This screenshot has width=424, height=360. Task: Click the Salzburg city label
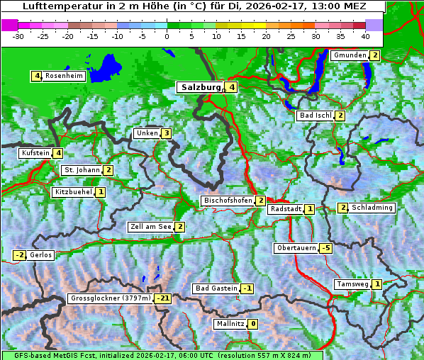coord(201,87)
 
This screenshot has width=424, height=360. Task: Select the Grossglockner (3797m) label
coord(111,298)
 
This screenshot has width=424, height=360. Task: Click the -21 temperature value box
coord(163,298)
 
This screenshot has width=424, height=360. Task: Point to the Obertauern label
coord(296,248)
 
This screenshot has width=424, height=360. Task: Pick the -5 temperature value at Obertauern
coord(325,248)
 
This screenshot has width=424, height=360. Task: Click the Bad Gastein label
coord(216,288)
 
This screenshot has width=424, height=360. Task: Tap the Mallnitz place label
coord(230,324)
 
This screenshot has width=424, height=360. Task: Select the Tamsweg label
coord(352,284)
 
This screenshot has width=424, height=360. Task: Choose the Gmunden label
coord(350,55)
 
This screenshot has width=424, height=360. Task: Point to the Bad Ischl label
coord(316,116)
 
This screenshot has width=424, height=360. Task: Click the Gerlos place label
coord(40,255)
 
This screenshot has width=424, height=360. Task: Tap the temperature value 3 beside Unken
coord(166,133)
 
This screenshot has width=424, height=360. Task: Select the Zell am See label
coord(150,227)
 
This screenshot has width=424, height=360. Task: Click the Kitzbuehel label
coord(73,192)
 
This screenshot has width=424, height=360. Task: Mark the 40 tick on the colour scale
coord(365,35)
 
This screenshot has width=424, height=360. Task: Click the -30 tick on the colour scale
coord(18,35)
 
